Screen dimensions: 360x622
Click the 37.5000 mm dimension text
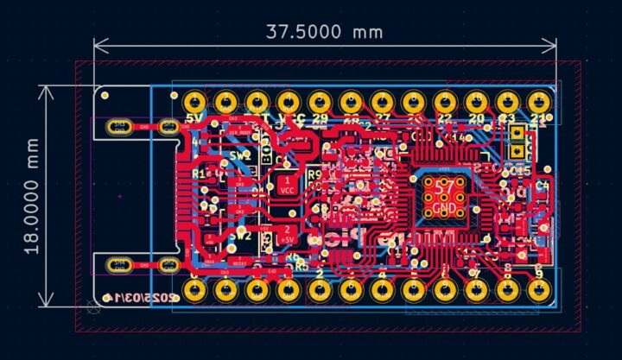pos(324,32)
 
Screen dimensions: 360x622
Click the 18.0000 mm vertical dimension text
pos(33,195)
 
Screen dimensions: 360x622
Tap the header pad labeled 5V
pos(194,100)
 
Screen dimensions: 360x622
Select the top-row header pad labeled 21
pos(539,100)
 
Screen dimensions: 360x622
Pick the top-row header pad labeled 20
pos(476,100)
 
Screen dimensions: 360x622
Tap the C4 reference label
pos(543,185)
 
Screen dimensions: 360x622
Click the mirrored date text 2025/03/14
pos(142,298)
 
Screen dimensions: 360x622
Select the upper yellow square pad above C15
pos(517,135)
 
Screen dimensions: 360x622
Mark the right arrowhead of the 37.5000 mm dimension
pos(553,45)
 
